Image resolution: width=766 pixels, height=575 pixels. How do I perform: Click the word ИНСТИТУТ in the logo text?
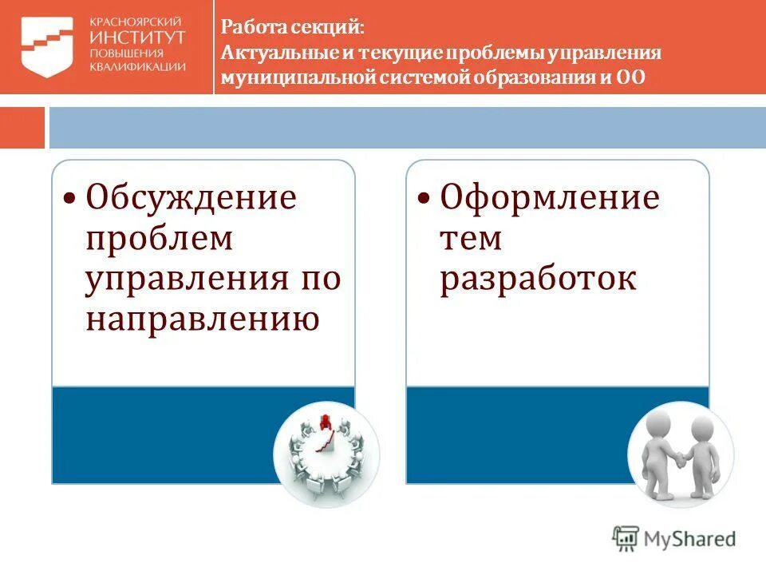(138, 37)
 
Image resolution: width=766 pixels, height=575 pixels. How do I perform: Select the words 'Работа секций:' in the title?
(292, 27)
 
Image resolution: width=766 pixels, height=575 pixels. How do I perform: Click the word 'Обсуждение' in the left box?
(191, 197)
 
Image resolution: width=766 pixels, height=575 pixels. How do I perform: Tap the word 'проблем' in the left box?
(160, 238)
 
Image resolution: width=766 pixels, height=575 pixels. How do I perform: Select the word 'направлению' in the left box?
(203, 319)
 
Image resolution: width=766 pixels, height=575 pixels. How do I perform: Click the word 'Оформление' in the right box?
(551, 197)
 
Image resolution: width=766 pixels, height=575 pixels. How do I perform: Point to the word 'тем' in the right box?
(471, 238)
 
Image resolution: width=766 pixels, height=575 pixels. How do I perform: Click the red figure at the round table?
(325, 421)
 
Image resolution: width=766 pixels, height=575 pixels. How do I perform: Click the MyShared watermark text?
(691, 539)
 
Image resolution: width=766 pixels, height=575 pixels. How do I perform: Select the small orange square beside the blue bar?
(22, 128)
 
